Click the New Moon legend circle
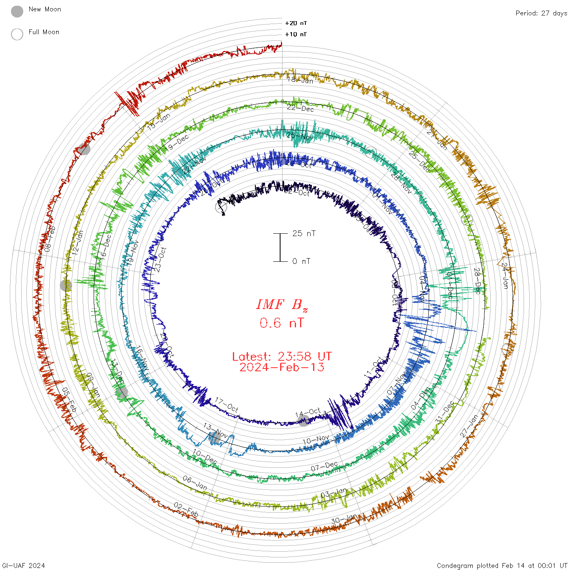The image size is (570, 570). pos(17,11)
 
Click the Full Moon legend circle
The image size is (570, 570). pos(17,34)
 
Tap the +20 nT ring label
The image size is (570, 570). pos(296,23)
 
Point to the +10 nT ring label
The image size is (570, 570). pos(296,34)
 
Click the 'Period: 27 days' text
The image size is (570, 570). pos(541,13)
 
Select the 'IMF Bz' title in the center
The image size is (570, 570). pos(282,305)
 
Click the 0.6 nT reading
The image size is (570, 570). pos(282,323)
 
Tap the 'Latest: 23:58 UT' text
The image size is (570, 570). pos(282,357)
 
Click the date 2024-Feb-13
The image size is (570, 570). pos(282,367)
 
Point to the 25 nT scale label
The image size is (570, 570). pos(304,233)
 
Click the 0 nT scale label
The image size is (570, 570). pos(301,261)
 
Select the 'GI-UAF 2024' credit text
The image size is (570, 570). pos(23,565)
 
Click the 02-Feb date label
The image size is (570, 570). pos(186,509)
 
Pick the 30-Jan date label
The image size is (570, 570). pos(344,519)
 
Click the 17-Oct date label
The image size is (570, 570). pos(227,405)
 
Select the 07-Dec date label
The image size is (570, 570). pos(324,466)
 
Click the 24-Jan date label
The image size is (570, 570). pos(505,276)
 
